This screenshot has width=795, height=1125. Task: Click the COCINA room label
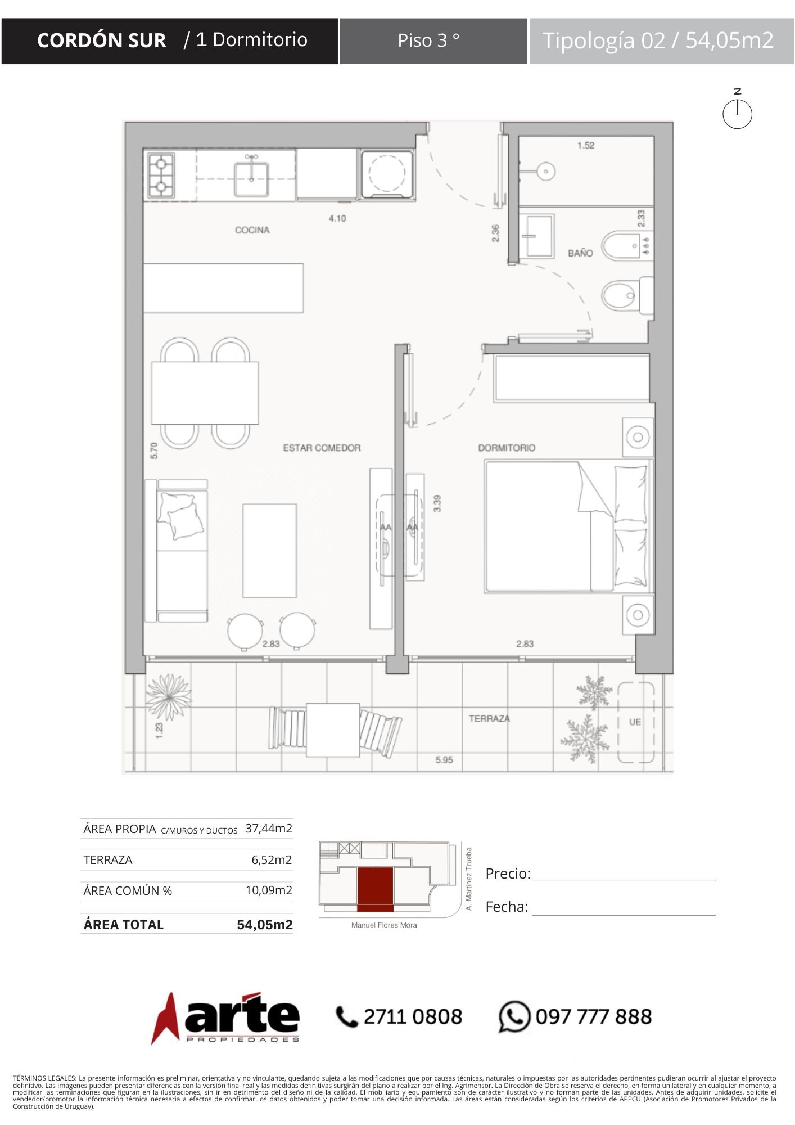point(252,229)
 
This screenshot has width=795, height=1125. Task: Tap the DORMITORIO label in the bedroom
point(507,448)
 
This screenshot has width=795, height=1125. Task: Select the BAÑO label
point(580,253)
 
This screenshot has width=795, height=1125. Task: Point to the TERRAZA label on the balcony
point(489,718)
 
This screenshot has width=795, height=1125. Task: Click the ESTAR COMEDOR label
point(322,448)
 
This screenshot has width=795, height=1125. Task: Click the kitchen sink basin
point(251,178)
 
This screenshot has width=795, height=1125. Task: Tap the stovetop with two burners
point(161,175)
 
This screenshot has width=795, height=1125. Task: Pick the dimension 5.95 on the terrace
point(444,760)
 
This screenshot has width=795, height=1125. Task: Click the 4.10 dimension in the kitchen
point(337,218)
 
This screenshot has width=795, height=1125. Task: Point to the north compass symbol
point(737,113)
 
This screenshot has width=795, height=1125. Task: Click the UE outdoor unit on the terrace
point(636,722)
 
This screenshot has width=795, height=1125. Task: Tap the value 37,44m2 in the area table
point(269,828)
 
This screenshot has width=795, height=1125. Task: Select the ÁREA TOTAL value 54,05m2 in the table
point(265,925)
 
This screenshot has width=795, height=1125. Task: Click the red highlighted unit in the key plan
point(375,889)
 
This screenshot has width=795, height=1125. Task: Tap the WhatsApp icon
point(514,1016)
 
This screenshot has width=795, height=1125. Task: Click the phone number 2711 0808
point(413,1016)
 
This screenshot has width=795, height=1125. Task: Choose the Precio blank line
point(624,881)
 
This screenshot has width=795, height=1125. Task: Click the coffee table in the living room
point(269,551)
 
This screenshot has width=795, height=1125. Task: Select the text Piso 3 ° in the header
point(428,40)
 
